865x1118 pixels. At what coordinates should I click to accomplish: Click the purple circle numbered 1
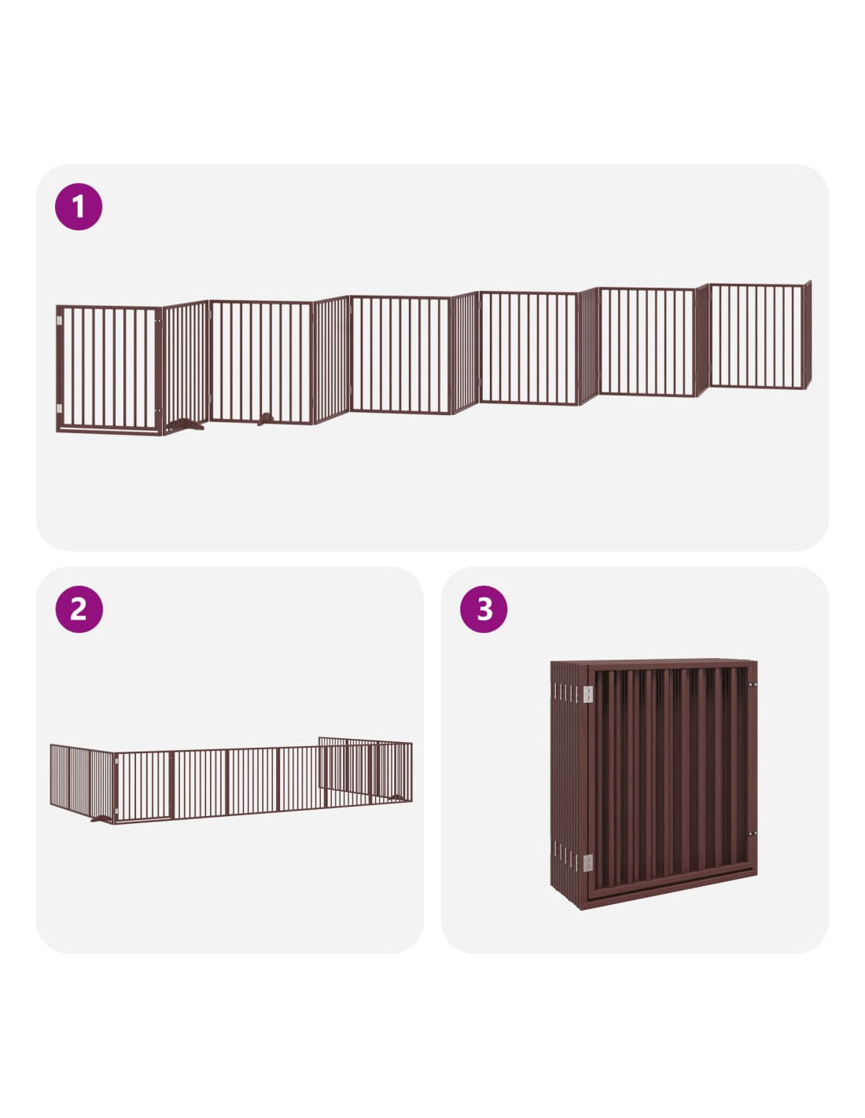coord(78,206)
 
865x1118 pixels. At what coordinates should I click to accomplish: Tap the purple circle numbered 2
coord(79,609)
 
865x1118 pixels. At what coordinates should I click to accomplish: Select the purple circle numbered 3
coord(483,609)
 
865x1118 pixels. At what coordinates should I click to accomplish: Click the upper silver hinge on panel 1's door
coord(59,321)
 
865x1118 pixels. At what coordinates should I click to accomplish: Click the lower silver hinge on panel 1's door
coord(59,409)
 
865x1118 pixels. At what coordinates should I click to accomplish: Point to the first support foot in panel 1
coord(184,425)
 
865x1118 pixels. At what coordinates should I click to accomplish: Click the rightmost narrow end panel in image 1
coord(808,334)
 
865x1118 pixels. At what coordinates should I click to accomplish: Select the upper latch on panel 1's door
coord(158,322)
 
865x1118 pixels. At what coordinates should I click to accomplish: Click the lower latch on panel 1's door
coord(158,410)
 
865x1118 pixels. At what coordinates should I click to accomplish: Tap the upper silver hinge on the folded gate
coord(587,694)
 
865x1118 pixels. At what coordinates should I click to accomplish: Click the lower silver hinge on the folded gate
coord(587,862)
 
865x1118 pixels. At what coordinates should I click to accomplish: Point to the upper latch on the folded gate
coord(753,686)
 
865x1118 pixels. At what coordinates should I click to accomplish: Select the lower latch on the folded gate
coord(753,833)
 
